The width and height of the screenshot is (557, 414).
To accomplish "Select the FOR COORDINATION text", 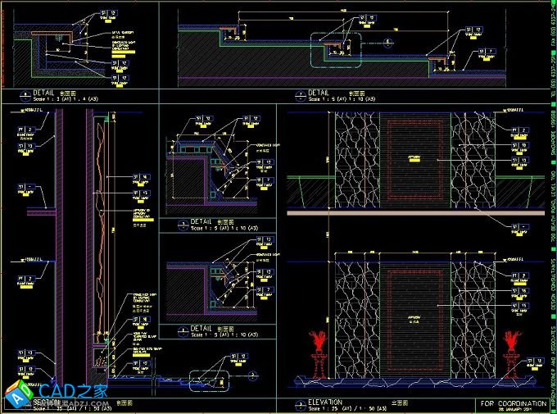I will pos(514,403).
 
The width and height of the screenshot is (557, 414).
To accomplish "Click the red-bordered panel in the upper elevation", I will pos(414,158).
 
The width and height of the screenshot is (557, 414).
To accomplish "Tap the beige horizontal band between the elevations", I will pos(416,212).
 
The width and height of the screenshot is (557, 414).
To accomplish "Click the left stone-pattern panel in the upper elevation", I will pos(353,157).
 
